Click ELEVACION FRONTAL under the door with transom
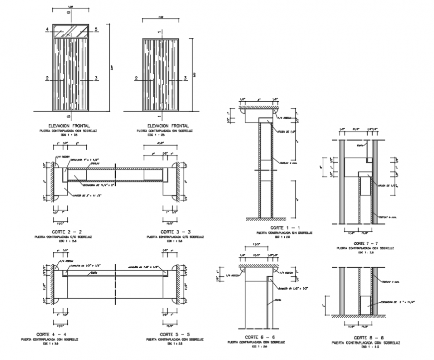(70, 126)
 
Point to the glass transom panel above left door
(70, 30)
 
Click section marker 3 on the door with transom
(95, 78)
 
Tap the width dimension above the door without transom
(160, 17)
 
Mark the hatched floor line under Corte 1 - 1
(264, 219)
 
